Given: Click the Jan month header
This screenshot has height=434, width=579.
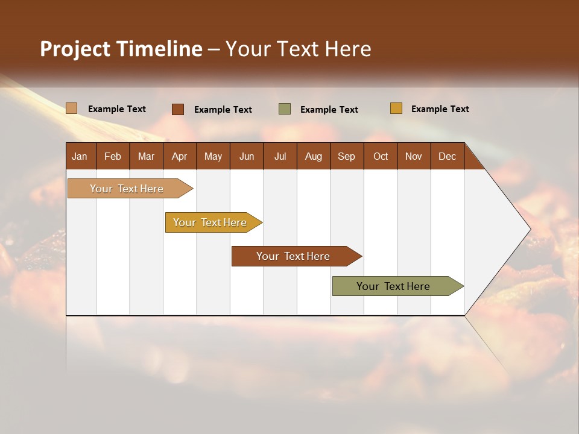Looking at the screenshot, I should coord(80,156).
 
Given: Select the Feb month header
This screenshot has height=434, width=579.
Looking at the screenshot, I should coord(113,156).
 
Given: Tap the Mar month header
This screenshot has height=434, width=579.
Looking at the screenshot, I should coord(146,156).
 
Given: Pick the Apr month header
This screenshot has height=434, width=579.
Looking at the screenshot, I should coord(180,156).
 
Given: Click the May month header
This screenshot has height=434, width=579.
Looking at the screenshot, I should coord(213,156).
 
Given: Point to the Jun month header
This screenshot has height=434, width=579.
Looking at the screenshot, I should coord(247,156).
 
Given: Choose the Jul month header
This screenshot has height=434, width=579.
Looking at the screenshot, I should coord(280,156).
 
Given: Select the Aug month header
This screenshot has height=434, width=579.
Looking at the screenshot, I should coord(314,156).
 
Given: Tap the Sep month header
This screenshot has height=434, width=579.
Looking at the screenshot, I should coord(346,156).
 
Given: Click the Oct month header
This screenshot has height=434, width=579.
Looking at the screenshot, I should coord(381,156).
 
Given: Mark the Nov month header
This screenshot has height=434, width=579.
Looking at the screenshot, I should coord(414,156).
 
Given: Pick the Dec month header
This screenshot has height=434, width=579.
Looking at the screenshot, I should coord(447,156).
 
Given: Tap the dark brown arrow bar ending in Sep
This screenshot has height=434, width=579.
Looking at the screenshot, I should coord(294,256).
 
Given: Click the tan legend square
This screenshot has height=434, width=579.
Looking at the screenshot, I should coord(72,108).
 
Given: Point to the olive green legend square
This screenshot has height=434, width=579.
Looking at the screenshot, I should coord(285,109).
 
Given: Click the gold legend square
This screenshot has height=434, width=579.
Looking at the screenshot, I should coord(396,108).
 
